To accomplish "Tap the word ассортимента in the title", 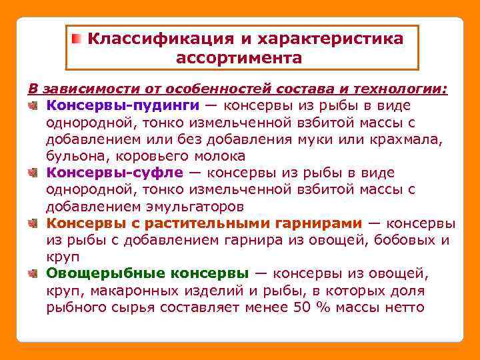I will coord(239,58).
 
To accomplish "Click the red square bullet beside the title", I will coord(78,38).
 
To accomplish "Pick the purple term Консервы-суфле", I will coord(115,173).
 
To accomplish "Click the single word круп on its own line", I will coord(63,257).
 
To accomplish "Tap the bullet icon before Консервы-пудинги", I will coord(33,105).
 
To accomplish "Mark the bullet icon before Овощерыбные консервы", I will coord(33,273).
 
